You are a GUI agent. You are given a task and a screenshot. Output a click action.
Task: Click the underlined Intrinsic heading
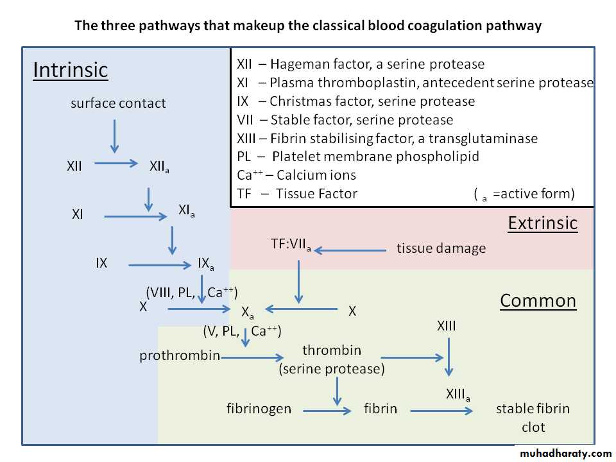tap(71, 69)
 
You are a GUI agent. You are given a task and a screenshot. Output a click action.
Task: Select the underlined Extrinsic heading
tap(543, 223)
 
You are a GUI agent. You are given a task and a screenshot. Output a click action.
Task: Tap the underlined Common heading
tap(538, 301)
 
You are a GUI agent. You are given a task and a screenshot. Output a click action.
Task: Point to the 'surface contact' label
tap(118, 103)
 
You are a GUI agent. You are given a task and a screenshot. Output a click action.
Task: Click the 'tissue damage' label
tap(441, 248)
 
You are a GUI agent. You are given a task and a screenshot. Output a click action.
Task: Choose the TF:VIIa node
tap(291, 244)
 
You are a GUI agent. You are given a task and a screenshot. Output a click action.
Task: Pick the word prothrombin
tap(180, 355)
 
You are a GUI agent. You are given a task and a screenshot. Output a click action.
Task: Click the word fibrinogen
tap(259, 408)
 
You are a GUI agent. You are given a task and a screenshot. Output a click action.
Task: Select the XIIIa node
tap(458, 395)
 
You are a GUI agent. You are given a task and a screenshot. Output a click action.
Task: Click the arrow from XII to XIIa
tap(116, 164)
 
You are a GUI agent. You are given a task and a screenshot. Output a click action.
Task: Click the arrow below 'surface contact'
tap(114, 135)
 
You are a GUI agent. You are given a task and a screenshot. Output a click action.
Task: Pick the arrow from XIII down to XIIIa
tap(449, 357)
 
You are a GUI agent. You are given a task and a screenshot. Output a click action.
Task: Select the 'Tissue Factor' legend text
tap(316, 194)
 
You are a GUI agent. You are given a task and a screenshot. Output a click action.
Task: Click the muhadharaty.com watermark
tap(565, 454)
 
